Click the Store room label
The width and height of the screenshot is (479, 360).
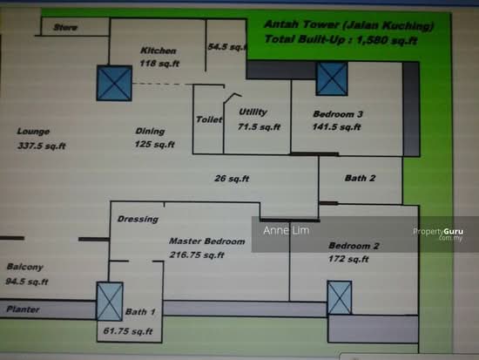65,28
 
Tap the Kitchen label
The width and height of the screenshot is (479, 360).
159,51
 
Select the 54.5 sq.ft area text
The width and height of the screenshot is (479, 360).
227,47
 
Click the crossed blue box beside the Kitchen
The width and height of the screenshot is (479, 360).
114,83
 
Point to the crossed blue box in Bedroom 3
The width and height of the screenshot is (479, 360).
332,78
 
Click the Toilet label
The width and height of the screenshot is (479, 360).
209,119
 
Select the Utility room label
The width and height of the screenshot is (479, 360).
253,112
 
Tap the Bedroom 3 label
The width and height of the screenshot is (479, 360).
338,114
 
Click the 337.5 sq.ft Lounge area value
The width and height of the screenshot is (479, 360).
42,146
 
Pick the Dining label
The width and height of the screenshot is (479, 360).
150,132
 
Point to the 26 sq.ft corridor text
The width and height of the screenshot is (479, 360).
232,179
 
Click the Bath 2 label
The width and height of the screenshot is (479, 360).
360,178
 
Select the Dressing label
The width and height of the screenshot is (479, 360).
138,219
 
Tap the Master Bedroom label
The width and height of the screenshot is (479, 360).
207,241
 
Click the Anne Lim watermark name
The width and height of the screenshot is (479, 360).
287,230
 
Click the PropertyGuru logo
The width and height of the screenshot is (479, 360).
438,234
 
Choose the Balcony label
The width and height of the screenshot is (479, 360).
24,267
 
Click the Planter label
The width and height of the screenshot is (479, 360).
23,309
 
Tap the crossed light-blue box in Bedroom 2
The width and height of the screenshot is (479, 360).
340,297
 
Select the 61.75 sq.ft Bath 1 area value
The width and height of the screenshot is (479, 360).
128,331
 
